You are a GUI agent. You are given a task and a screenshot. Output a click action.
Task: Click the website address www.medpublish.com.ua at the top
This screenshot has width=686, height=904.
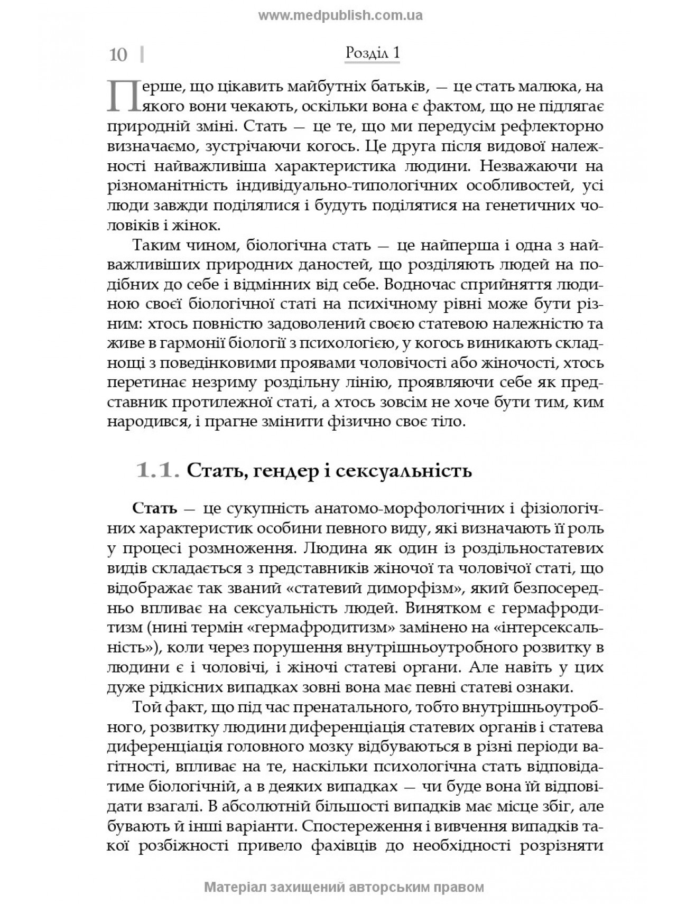click(340, 15)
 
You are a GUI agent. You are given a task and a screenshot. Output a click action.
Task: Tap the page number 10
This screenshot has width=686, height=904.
click(118, 55)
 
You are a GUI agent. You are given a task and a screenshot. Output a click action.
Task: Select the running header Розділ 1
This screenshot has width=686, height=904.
click(372, 53)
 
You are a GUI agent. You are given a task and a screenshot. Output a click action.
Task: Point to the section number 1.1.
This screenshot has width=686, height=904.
click(155, 470)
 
